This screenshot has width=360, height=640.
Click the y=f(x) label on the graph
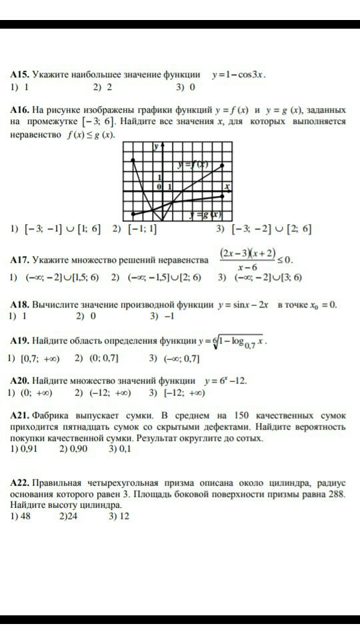tap(193, 165)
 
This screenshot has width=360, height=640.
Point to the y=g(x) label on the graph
tap(205, 215)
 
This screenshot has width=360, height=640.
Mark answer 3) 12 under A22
tap(119, 515)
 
